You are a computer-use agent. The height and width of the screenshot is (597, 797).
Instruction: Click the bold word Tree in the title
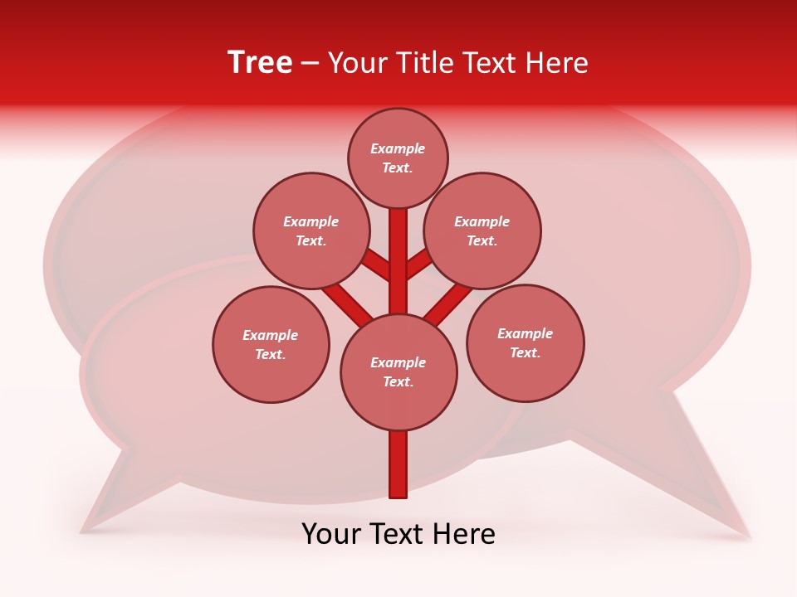pos(260,62)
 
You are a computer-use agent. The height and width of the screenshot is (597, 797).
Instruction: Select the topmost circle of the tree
pos(398,158)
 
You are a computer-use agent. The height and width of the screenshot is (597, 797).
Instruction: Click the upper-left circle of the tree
pos(311,231)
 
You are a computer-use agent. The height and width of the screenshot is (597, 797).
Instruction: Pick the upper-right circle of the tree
pos(482,231)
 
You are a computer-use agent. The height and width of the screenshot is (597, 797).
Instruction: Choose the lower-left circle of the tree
pos(271,344)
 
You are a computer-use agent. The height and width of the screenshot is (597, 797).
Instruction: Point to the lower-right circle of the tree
pos(526,342)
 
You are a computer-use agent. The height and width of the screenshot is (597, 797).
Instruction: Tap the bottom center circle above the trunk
pos(398,371)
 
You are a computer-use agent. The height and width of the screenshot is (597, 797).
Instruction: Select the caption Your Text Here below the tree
pos(398,534)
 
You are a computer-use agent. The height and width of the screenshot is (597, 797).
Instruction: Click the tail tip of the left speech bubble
pos(83,529)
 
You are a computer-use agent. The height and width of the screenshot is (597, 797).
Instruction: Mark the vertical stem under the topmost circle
pos(398,257)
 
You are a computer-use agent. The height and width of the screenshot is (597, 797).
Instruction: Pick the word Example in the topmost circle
pos(398,149)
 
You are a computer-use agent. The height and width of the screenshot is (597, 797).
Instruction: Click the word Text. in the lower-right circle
pos(525,352)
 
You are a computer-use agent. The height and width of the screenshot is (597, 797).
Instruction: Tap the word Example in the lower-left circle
pos(270,335)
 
